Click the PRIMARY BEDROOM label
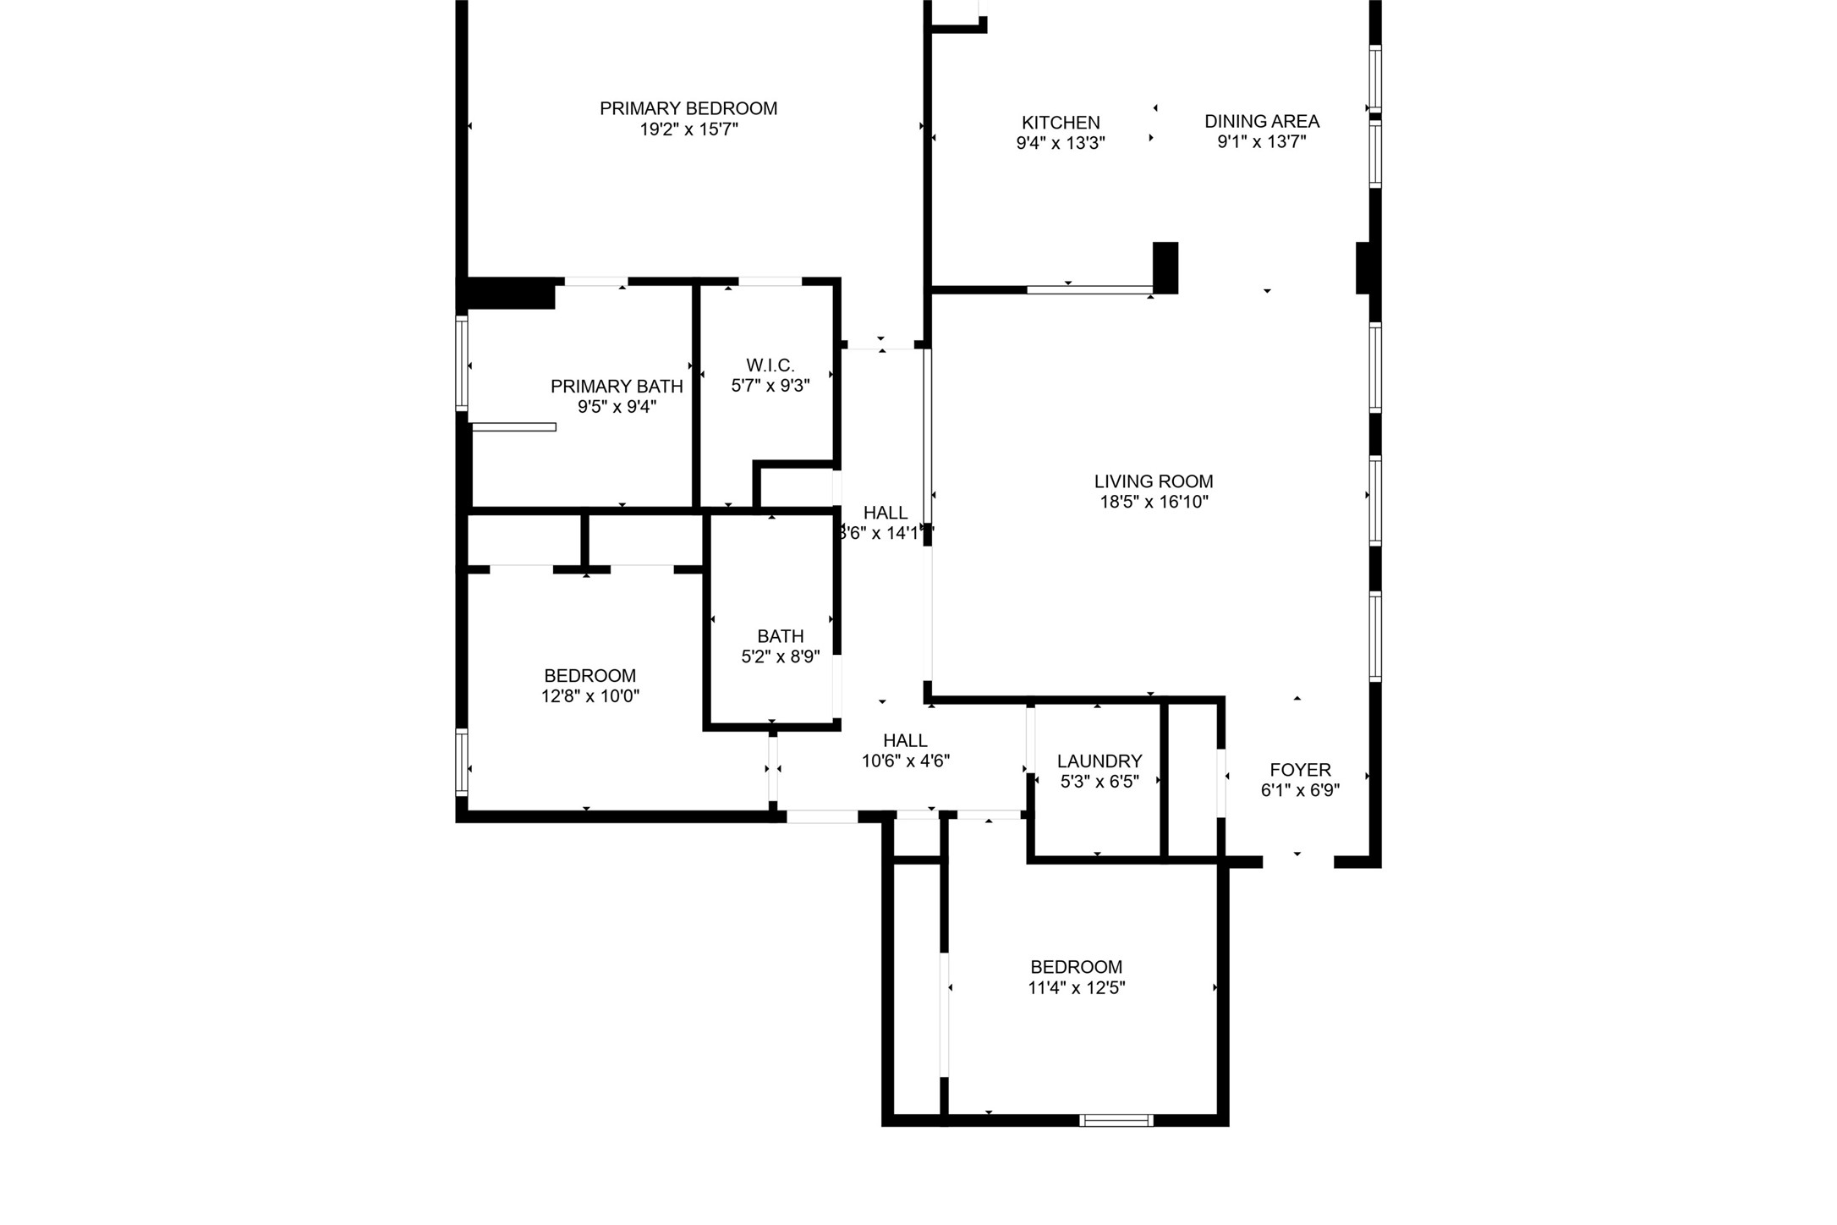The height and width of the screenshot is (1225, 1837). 688,109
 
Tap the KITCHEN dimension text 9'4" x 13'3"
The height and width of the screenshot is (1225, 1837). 1061,144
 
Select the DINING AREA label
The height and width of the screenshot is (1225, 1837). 1261,122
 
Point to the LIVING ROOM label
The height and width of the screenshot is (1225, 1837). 1153,481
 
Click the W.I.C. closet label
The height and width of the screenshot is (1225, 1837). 770,365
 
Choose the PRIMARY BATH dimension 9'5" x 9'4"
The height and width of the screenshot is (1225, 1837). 617,408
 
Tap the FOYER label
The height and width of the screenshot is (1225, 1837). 1300,770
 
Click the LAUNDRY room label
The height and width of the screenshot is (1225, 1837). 1099,761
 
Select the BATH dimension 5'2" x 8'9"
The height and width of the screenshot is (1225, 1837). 780,657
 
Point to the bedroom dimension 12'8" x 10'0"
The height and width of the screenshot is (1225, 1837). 589,697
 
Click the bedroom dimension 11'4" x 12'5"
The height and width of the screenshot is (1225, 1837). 1076,988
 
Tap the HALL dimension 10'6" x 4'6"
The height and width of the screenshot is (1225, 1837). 905,761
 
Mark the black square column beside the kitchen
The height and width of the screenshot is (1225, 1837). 1165,267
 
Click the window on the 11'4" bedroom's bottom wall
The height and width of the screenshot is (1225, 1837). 1116,1120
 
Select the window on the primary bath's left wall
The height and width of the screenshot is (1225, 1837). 462,363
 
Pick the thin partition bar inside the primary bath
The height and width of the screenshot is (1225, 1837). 513,427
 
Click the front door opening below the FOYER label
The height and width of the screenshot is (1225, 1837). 1297,862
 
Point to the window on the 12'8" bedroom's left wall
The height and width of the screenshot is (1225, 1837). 462,762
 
